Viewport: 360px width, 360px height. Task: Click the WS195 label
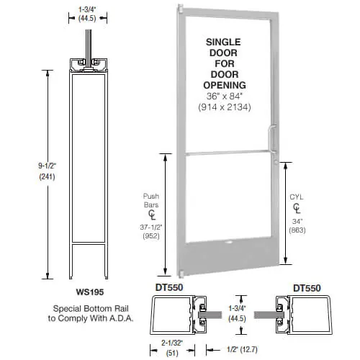[x=90, y=292]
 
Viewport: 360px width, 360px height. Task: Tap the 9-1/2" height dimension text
[x=47, y=166]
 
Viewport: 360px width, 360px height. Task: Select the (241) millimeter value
[x=47, y=177]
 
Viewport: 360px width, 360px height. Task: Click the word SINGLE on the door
[x=223, y=42]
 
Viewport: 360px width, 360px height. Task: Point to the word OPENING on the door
[x=225, y=85]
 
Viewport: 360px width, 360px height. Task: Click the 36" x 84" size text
[x=225, y=96]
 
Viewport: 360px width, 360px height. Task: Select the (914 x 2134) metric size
[x=225, y=107]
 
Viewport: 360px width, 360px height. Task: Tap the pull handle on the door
[x=271, y=139]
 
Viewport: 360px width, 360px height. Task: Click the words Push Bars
[x=151, y=200]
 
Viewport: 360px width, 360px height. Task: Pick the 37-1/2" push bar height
[x=151, y=227]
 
